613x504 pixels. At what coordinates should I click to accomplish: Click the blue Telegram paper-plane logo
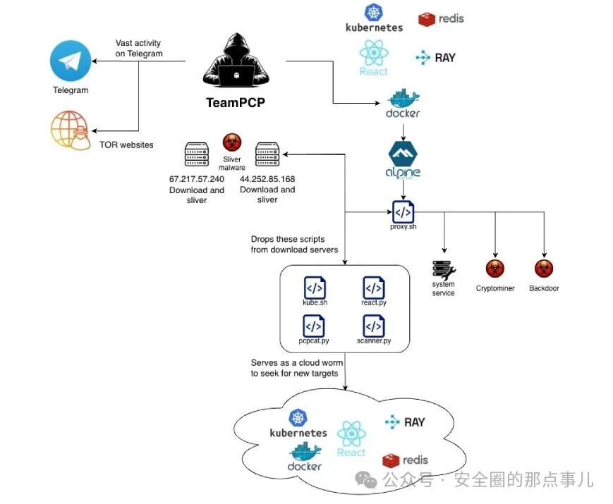(71, 61)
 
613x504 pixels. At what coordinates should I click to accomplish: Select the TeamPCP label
(236, 103)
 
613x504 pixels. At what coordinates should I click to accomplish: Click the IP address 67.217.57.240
(197, 179)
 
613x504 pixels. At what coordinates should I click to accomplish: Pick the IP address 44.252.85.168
(267, 179)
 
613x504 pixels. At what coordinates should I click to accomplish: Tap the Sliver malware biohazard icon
(232, 142)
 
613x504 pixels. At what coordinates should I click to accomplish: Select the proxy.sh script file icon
(403, 211)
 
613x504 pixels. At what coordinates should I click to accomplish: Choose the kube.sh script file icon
(315, 288)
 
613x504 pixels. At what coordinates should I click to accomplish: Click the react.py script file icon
(374, 288)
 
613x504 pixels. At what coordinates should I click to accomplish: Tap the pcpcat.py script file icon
(313, 326)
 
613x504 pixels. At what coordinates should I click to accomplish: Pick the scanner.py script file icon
(374, 326)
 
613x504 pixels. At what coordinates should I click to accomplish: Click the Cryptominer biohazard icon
(495, 269)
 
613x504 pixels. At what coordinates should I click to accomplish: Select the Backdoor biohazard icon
(544, 269)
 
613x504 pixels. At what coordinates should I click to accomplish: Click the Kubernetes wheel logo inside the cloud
(298, 418)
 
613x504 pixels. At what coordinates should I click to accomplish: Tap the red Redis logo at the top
(427, 19)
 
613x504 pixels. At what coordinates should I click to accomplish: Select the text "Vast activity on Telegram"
(139, 48)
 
